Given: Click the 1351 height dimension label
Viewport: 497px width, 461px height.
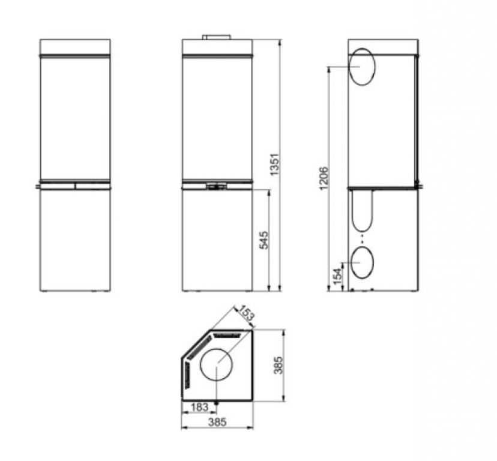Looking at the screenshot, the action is (x=274, y=164).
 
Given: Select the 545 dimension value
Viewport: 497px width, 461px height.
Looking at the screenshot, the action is (x=264, y=240).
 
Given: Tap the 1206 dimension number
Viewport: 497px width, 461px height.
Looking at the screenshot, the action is (x=324, y=178).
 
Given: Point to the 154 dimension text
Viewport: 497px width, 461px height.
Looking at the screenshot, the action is (x=338, y=276).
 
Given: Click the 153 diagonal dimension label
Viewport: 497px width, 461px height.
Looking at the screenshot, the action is (x=246, y=313).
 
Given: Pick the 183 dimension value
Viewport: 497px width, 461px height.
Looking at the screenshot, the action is (x=200, y=407).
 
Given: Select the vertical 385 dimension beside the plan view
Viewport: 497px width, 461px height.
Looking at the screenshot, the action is (x=278, y=365).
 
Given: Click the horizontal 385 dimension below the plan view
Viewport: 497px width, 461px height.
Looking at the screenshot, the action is (x=217, y=422).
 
